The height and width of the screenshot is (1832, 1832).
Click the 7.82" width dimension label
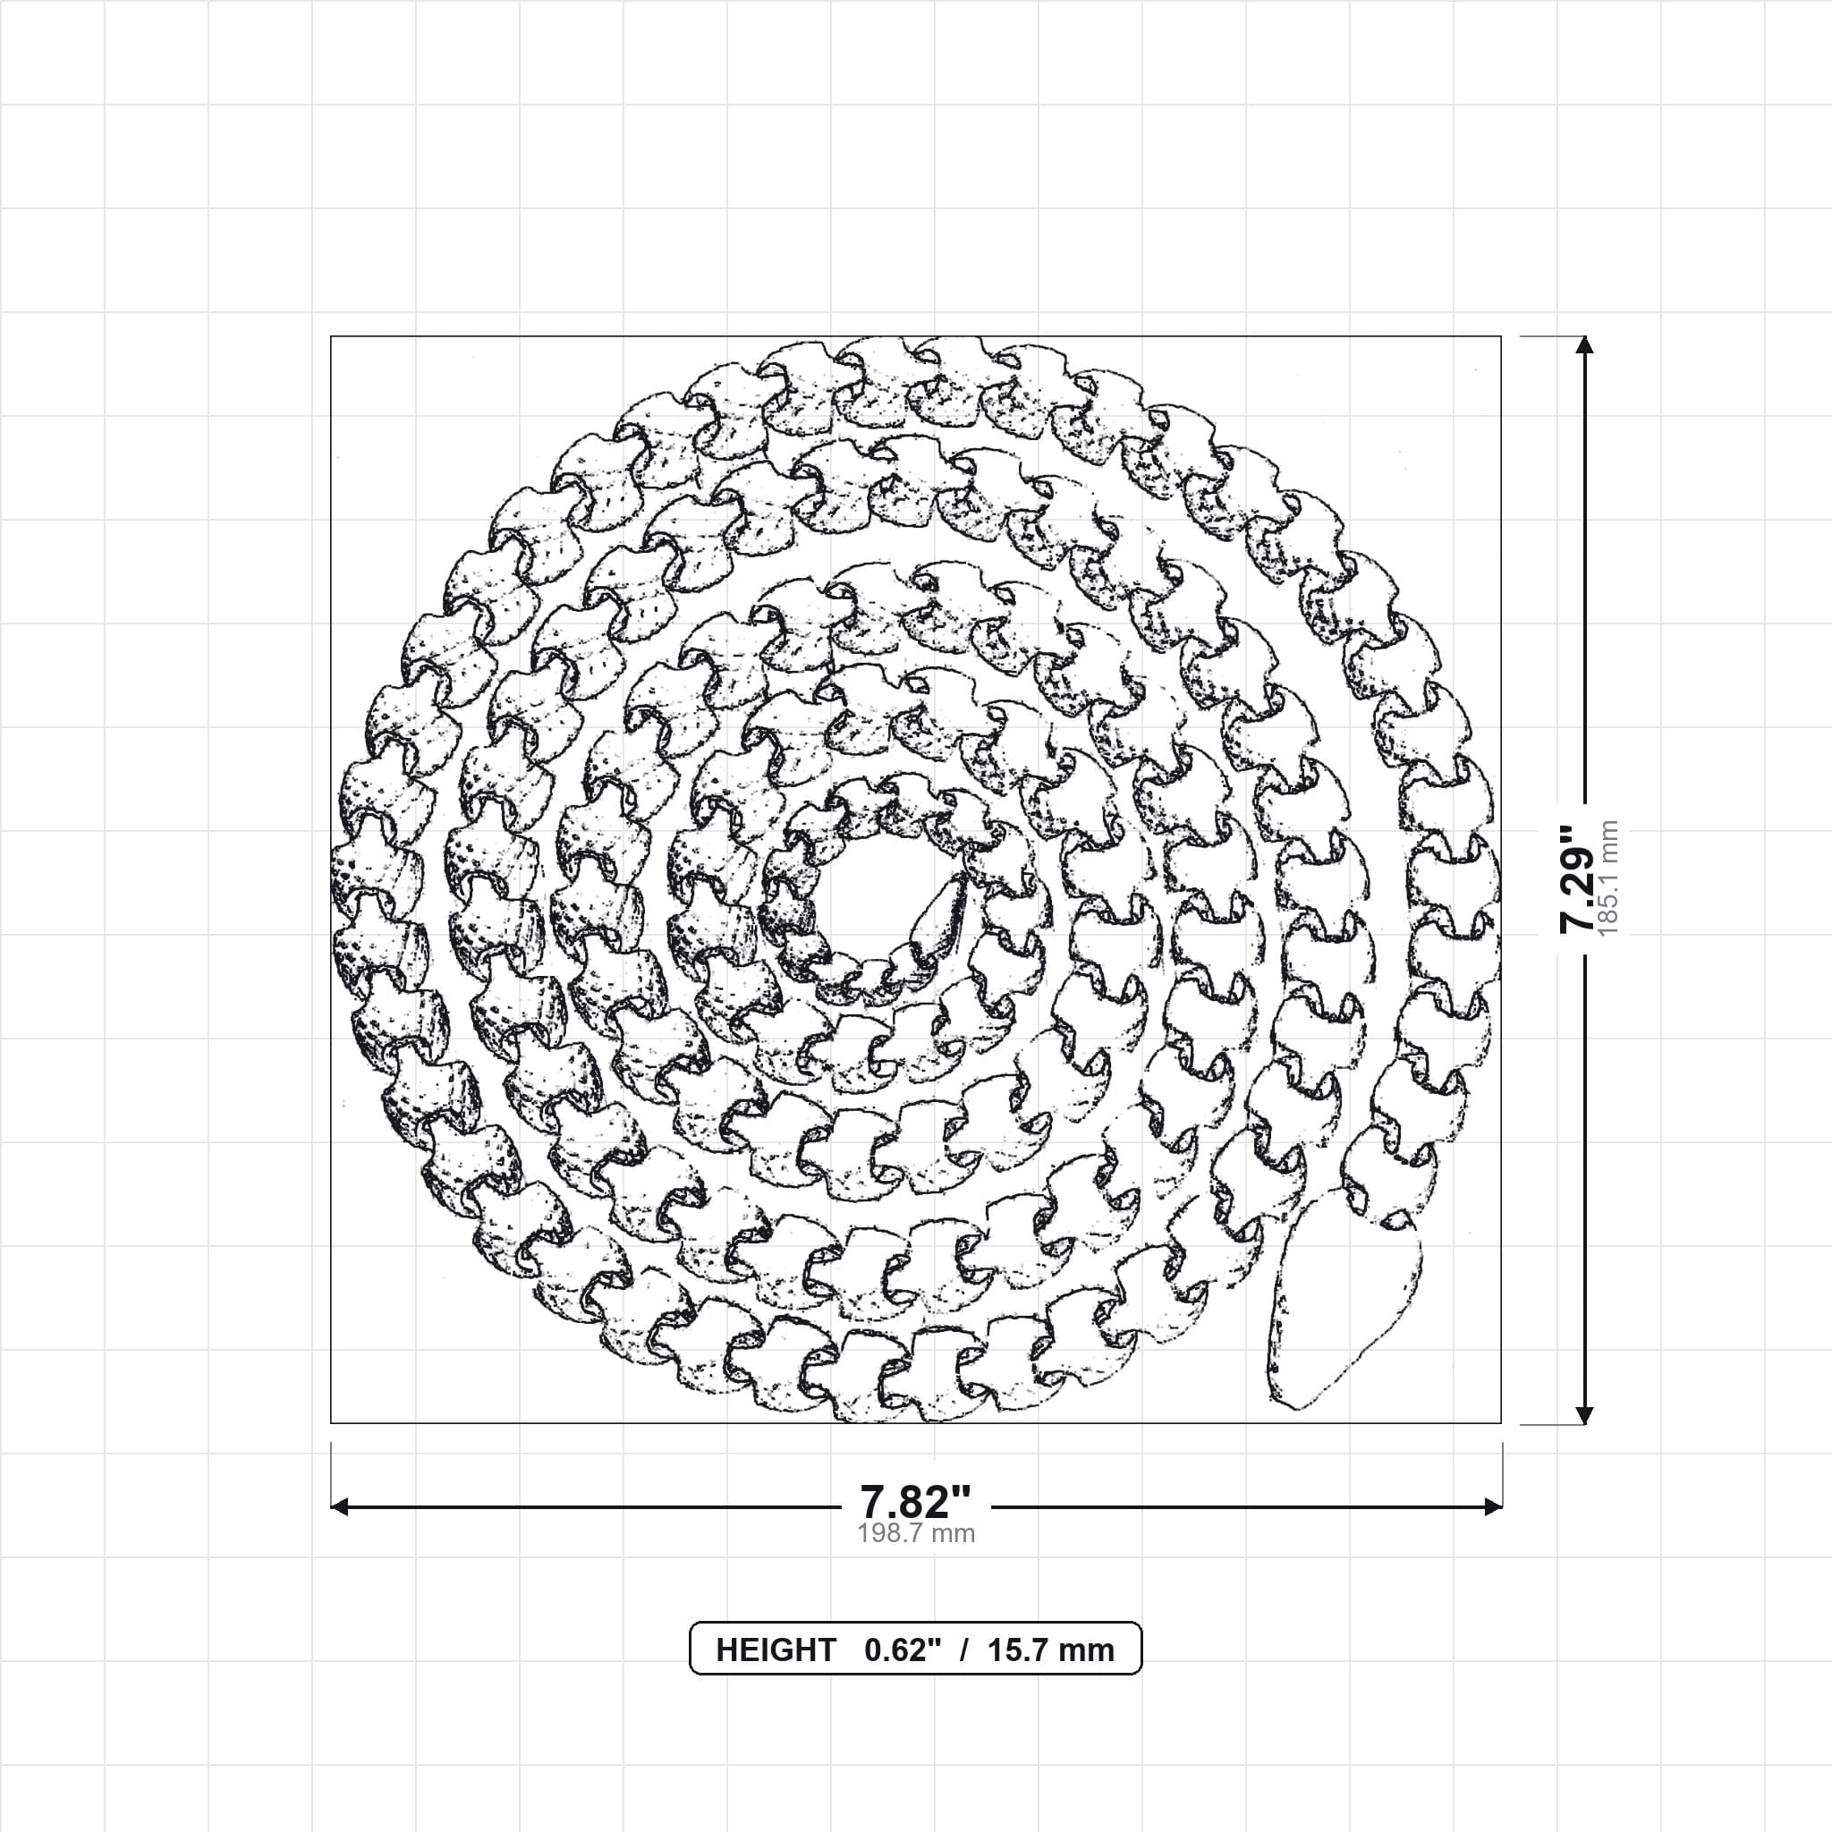915,1502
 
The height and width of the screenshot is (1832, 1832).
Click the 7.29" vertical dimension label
1578,878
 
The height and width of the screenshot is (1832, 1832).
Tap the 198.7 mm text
916,1533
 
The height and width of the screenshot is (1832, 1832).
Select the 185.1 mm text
1609,879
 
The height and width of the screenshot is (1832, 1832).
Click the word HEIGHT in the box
776,1650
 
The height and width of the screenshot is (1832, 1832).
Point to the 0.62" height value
903,1650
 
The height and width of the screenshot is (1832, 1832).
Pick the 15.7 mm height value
1051,1650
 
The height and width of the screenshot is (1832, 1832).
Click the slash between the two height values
964,1650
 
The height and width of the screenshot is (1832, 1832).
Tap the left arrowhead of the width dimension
339,1505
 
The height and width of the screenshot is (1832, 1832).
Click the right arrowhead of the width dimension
1493,1505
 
